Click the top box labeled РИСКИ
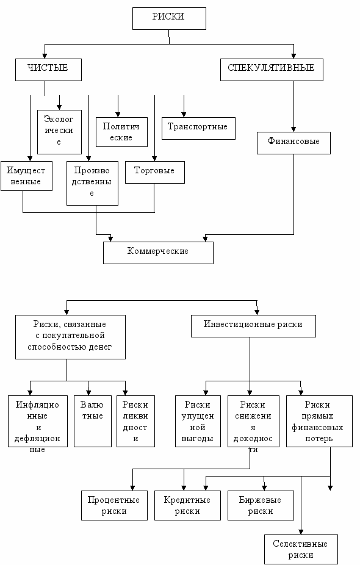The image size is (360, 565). (x=169, y=18)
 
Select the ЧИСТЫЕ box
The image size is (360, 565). (x=48, y=70)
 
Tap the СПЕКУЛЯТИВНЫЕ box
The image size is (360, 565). (x=272, y=70)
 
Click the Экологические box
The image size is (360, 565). (x=59, y=132)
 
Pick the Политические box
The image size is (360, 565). (x=121, y=132)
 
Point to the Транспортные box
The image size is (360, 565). (x=198, y=128)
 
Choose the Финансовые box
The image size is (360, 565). (x=293, y=143)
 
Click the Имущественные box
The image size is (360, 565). (x=26, y=176)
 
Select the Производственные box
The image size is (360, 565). (x=92, y=184)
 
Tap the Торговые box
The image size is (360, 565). (x=155, y=172)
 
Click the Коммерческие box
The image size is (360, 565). (x=158, y=253)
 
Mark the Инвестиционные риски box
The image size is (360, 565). (x=253, y=326)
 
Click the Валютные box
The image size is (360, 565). (x=93, y=421)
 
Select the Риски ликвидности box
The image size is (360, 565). (x=136, y=421)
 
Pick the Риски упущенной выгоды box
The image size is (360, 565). (x=198, y=421)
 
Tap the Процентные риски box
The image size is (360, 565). (x=114, y=505)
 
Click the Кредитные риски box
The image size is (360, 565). (x=187, y=505)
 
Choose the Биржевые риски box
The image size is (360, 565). (x=261, y=505)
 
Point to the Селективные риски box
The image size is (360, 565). (x=301, y=549)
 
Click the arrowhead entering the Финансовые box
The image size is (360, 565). (x=293, y=129)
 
